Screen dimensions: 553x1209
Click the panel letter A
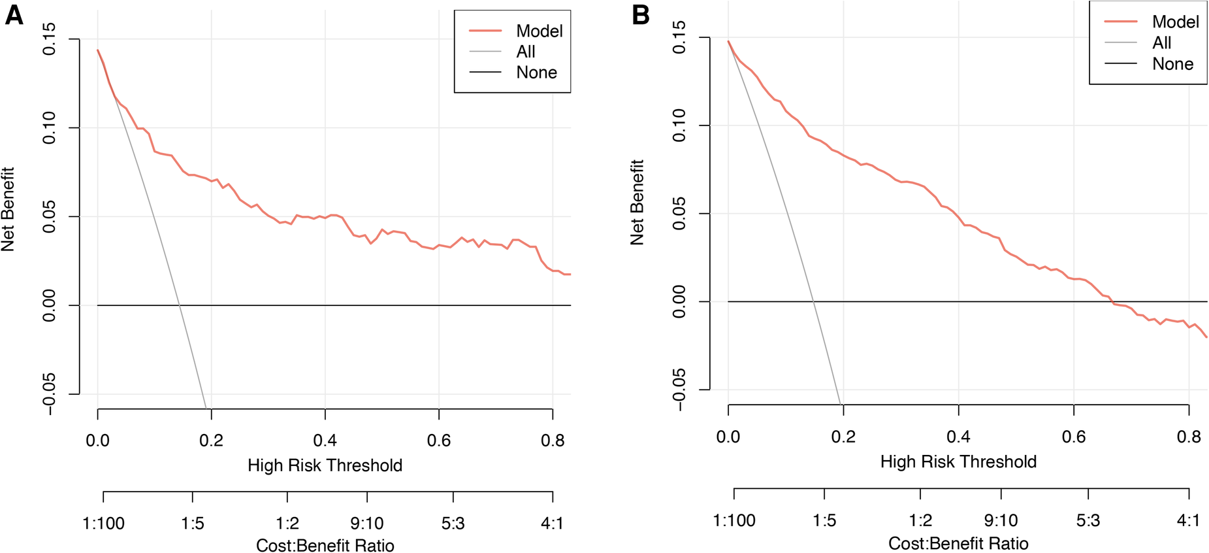point(14,14)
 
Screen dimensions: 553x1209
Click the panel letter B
point(641,14)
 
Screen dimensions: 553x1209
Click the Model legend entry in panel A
point(539,31)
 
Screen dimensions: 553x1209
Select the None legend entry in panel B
point(1172,64)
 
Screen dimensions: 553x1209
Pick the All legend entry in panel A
point(525,52)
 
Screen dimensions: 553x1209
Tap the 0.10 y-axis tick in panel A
point(49,127)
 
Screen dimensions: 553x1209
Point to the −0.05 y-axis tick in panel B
point(679,390)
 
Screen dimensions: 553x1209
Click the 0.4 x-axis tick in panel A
point(325,441)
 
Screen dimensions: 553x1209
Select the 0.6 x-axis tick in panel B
point(1073,437)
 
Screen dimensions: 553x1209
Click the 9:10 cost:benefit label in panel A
point(366,524)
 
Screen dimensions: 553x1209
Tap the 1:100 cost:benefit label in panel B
point(733,521)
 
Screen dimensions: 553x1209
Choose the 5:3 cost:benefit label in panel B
point(1088,521)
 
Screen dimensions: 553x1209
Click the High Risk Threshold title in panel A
point(325,465)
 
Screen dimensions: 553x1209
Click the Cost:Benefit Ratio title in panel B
point(958,544)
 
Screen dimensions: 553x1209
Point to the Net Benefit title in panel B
point(637,202)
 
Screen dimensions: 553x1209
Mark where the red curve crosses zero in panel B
point(1112,301)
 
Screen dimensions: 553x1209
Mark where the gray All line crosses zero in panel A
point(180,305)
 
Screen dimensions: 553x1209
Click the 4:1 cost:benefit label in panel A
point(552,524)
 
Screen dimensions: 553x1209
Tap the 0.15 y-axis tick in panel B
point(679,37)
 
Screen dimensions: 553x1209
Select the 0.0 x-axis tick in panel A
point(97,441)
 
